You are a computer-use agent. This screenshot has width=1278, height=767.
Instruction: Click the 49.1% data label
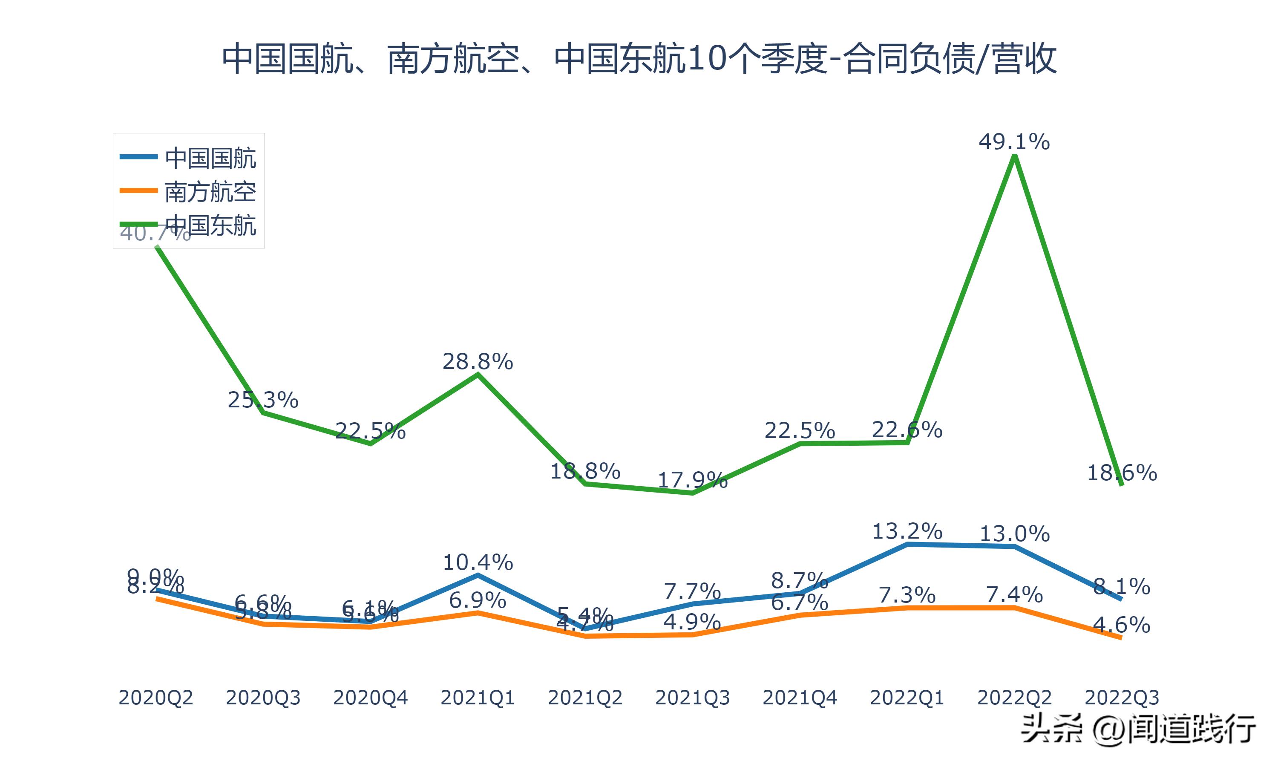point(1014,141)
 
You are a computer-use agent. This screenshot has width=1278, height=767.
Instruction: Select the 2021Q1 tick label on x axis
point(477,698)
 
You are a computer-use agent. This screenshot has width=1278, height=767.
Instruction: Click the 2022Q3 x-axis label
point(1122,698)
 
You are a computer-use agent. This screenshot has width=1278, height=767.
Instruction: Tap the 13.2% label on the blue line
point(907,531)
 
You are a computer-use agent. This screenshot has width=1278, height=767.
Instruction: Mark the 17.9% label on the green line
point(692,481)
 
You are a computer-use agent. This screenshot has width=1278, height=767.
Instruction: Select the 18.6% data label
point(1122,473)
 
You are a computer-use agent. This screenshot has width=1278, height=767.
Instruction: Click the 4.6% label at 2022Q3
point(1122,626)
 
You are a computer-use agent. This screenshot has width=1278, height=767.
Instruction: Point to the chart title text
point(639,58)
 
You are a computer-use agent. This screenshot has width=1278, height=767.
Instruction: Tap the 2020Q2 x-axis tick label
point(155,698)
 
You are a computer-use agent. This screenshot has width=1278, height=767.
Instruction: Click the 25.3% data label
point(263,400)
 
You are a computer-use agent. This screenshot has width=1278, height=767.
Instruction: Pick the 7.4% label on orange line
point(1014,595)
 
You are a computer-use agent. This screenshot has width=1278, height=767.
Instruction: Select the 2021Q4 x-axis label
point(800,698)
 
